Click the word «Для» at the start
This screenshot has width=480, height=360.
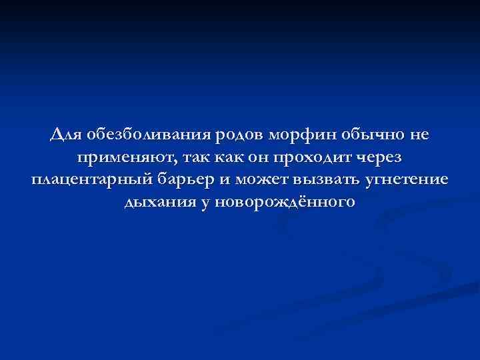[x=66, y=135]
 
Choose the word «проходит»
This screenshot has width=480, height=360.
[x=319, y=158]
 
